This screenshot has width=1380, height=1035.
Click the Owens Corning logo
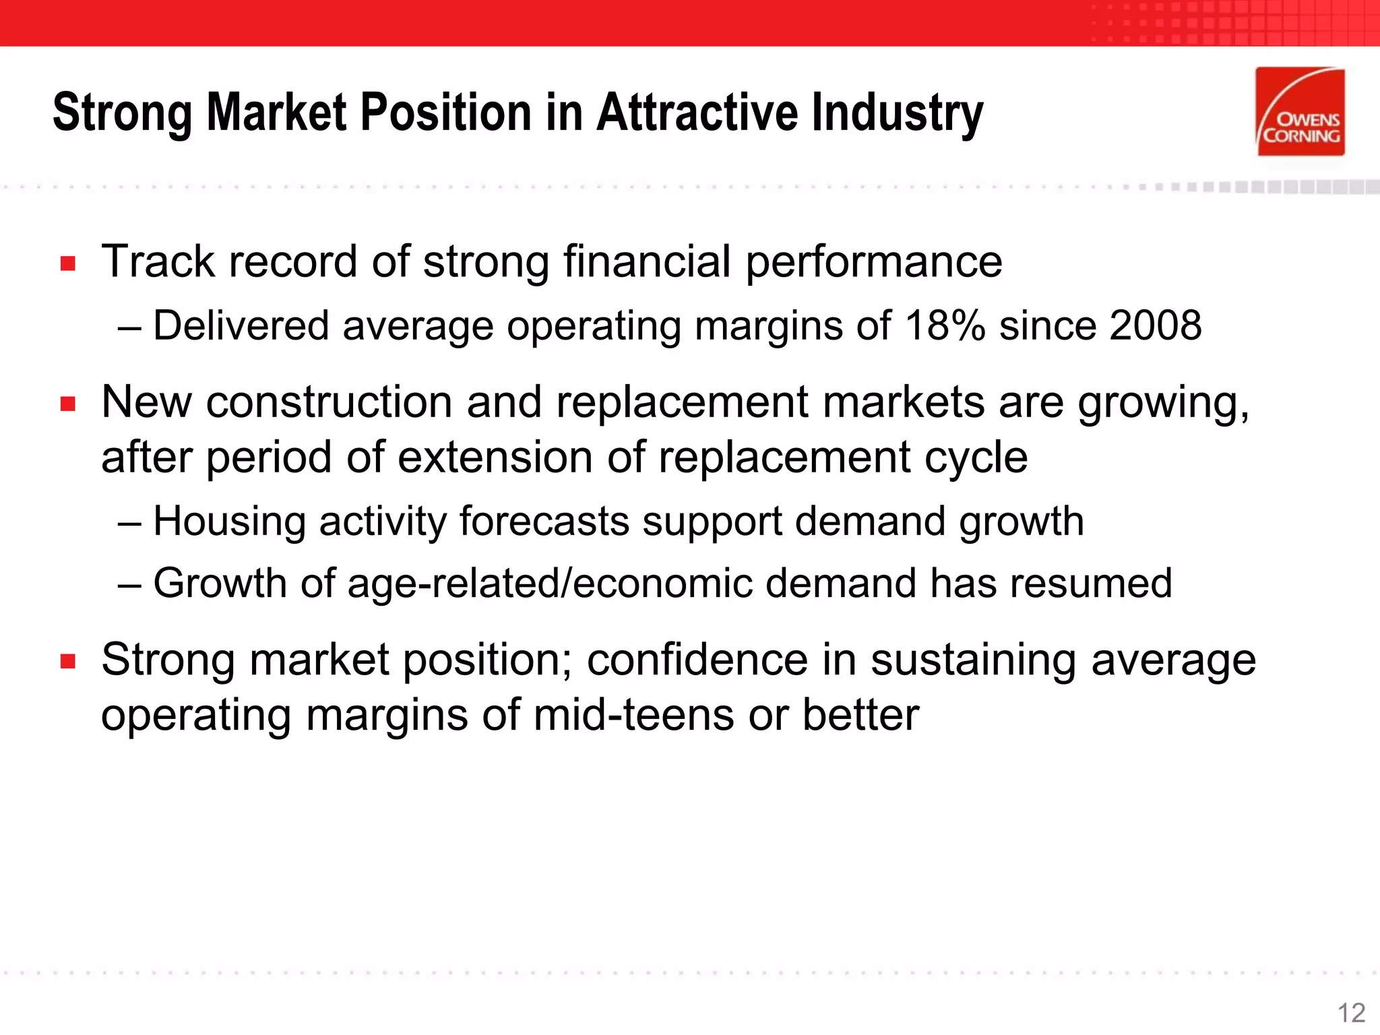1300,112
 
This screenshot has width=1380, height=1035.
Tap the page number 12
1351,1013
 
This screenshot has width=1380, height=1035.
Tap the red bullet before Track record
67,263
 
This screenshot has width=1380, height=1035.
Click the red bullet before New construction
67,404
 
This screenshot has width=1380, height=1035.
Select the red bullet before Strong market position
67,661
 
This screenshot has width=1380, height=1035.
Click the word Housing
230,522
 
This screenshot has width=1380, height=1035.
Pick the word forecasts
544,522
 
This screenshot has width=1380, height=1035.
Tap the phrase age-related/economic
550,583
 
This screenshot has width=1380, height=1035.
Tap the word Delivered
241,325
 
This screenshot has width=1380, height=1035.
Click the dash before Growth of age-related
129,584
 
